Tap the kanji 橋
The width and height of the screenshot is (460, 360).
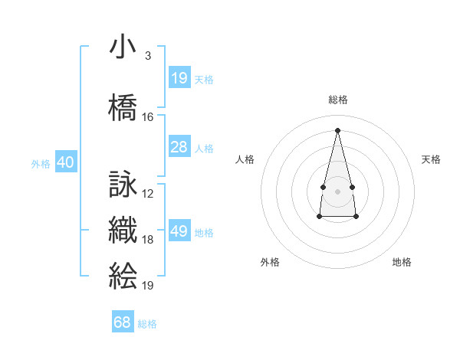(123, 107)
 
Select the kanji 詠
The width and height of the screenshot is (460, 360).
(123, 185)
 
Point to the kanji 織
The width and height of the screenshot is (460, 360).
(123, 231)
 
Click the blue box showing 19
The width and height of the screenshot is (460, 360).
(179, 77)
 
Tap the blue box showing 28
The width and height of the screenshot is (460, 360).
(179, 147)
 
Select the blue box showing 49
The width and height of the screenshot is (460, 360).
(179, 231)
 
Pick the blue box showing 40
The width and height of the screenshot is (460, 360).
(66, 162)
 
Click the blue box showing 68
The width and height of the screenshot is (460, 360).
(123, 322)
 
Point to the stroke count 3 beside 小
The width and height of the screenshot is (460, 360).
(147, 56)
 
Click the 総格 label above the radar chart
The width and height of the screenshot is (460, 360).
(338, 100)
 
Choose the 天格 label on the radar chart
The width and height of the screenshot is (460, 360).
(431, 159)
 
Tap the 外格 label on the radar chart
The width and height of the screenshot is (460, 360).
(270, 262)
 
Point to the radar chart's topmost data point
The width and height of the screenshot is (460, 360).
(337, 129)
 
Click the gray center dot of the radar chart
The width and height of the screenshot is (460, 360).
(337, 190)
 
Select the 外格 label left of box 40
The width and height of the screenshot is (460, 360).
(40, 163)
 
